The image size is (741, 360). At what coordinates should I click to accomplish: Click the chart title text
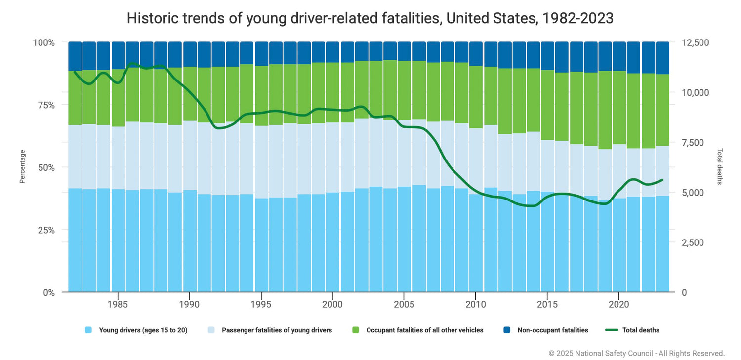point(370,18)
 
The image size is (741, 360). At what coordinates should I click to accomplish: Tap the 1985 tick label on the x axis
point(118,303)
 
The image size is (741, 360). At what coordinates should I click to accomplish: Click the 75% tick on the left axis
point(44,105)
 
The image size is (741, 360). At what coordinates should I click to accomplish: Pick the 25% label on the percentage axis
point(44,230)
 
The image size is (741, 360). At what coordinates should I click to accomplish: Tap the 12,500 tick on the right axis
point(695,42)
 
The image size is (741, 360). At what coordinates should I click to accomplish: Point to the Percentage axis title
point(22,167)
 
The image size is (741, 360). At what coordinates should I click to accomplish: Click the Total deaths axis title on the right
point(719,166)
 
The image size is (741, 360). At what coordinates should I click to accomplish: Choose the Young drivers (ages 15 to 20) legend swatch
point(89,330)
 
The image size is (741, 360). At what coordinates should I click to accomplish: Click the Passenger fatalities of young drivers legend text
point(277,330)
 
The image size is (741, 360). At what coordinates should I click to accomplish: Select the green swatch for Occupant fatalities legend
point(356,330)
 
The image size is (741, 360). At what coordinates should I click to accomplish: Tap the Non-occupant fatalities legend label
point(553,330)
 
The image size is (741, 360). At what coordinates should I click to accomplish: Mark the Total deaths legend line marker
point(612,330)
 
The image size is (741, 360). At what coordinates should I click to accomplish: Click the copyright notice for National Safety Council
point(636,353)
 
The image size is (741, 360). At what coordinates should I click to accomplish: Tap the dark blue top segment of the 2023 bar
point(662,58)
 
